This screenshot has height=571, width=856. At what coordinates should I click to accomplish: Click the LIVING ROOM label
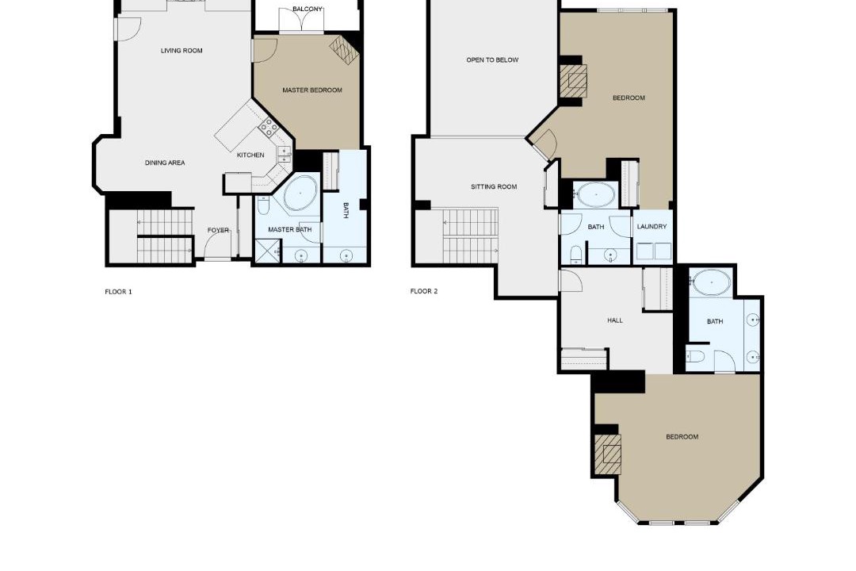(x=182, y=51)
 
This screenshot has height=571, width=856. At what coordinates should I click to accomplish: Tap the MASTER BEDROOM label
(x=312, y=90)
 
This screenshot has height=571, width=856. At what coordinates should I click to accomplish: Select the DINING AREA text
(x=165, y=163)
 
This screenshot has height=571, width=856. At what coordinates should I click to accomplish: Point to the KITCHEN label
(x=250, y=155)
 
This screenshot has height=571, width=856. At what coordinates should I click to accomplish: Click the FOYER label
(x=218, y=231)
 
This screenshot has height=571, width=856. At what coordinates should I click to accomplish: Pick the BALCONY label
(x=308, y=10)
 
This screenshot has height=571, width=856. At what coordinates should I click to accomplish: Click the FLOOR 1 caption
(x=118, y=292)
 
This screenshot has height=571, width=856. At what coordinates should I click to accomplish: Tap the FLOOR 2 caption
(x=424, y=291)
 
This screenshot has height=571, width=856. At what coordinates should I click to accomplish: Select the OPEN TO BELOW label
(x=492, y=60)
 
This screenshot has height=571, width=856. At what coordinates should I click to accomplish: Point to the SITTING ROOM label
(x=494, y=187)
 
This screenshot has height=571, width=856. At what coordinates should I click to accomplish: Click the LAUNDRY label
(x=652, y=227)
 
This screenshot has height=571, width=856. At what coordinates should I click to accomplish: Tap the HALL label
(x=615, y=320)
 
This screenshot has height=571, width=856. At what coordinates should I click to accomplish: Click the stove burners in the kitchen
(x=268, y=128)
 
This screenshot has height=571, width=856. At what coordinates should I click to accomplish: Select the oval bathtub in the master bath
(x=300, y=194)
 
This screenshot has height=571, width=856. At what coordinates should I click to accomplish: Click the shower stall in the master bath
(x=268, y=252)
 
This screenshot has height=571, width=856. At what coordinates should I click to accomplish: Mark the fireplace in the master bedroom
(x=345, y=50)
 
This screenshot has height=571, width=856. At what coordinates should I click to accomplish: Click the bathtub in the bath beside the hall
(x=712, y=283)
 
